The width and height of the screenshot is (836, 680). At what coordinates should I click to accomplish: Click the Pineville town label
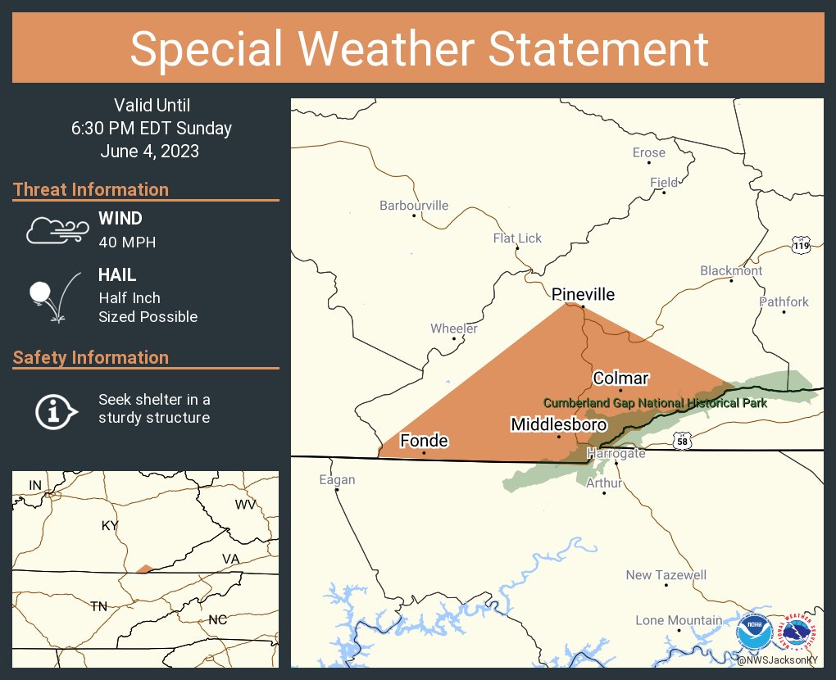click(x=583, y=295)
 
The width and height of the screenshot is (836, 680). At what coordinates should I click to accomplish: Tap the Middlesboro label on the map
click(x=558, y=424)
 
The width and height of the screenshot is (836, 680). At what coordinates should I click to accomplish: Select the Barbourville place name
click(x=414, y=205)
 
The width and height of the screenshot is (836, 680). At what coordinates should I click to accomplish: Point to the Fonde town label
click(x=424, y=441)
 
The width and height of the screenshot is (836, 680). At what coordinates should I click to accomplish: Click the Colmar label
click(x=620, y=378)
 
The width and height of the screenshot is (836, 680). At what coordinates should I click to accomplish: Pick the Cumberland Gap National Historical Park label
click(x=655, y=402)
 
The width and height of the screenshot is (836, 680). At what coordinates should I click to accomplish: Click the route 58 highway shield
click(x=682, y=442)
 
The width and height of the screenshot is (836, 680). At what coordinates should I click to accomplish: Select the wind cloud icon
click(x=55, y=230)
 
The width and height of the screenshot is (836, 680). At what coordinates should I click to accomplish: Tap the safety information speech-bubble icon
click(x=55, y=410)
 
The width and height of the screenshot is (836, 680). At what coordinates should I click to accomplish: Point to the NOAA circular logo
click(x=754, y=633)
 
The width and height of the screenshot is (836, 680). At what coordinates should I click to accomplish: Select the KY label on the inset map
click(x=110, y=525)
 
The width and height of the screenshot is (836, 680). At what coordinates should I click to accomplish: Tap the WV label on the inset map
click(x=245, y=505)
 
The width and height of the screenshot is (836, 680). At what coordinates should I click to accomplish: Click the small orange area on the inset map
click(x=143, y=569)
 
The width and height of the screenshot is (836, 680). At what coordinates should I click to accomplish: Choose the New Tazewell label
click(x=666, y=575)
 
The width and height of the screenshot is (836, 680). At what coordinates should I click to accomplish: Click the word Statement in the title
click(x=599, y=48)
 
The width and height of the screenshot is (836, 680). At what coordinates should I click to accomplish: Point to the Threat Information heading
click(x=91, y=189)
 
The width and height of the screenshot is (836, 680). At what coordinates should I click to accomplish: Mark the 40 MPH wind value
click(x=127, y=242)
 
